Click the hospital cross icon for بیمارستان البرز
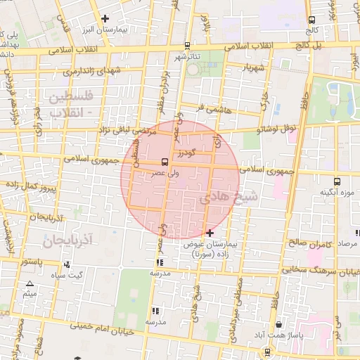pyautogui.click(x=105, y=18)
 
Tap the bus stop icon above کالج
pyautogui.click(x=311, y=20)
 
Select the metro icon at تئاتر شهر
pyautogui.click(x=193, y=68)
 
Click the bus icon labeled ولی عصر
pyautogui.click(x=165, y=162)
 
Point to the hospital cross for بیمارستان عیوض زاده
pyautogui.click(x=210, y=232)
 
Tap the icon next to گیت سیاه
pyautogui.click(x=67, y=264)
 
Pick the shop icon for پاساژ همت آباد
pyautogui.click(x=280, y=325)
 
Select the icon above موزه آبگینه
pyautogui.click(x=337, y=181)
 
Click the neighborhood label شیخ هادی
pyautogui.click(x=229, y=198)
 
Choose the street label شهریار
pyautogui.click(x=254, y=68)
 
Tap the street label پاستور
pyautogui.click(x=33, y=261)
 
